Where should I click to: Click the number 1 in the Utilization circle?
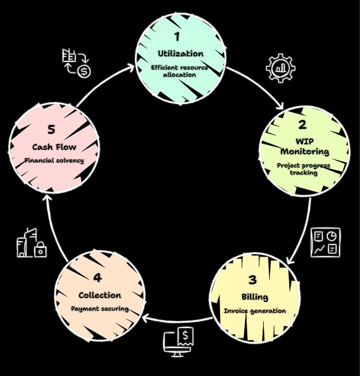pos(177,37)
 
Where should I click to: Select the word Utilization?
pos(180,54)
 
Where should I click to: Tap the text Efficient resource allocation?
pos(180,71)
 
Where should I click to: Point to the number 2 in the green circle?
pos(302,125)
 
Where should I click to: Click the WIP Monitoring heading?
pos(304,146)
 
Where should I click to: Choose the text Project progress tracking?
pos(304,169)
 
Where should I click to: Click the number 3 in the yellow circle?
pos(253,279)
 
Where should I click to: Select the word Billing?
pos(255,296)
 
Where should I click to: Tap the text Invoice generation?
pos(255,311)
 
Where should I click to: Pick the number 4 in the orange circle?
pos(98,278)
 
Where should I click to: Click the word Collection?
pos(100,295)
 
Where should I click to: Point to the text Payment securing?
pos(100,309)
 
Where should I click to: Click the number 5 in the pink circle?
pos(51,129)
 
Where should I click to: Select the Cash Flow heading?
pos(54,147)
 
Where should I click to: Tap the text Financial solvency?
pos(54,160)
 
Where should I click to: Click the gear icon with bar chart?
pos(280,68)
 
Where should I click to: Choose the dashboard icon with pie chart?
pos(326,243)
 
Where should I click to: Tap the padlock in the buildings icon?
pos(40,250)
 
